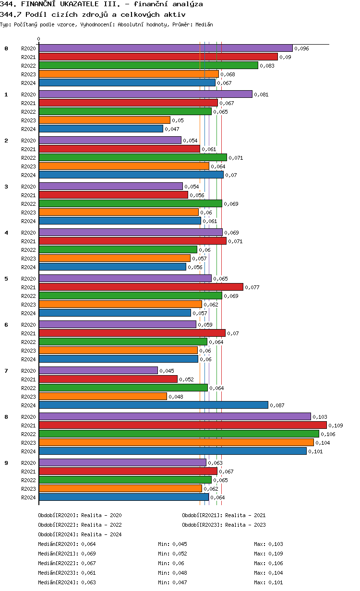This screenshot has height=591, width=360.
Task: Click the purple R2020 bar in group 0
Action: [166, 48]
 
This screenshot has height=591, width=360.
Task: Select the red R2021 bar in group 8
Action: [182, 425]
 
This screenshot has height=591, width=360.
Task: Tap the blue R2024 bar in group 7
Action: [153, 405]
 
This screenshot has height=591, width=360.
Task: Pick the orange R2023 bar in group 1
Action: [105, 120]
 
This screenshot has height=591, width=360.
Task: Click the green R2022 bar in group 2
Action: [132, 157]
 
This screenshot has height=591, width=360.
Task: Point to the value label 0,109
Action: [336, 426]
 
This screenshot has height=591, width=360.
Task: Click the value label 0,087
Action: [277, 405]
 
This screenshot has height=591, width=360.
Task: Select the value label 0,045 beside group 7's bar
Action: [167, 371]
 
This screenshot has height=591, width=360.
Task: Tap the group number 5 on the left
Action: [6, 278]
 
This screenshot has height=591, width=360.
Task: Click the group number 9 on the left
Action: [6, 462]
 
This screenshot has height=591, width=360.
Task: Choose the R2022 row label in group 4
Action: [28, 250]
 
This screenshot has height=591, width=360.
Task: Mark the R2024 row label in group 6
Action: [28, 359]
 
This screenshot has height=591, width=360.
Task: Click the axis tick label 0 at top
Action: [39, 39]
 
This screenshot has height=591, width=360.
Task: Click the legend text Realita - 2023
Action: [245, 524]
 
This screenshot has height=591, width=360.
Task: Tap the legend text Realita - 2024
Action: [101, 534]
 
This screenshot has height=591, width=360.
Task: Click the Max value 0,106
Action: [276, 563]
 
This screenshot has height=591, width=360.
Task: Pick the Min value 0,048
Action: [180, 572]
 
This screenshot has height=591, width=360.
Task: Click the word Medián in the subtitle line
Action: [204, 24]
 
